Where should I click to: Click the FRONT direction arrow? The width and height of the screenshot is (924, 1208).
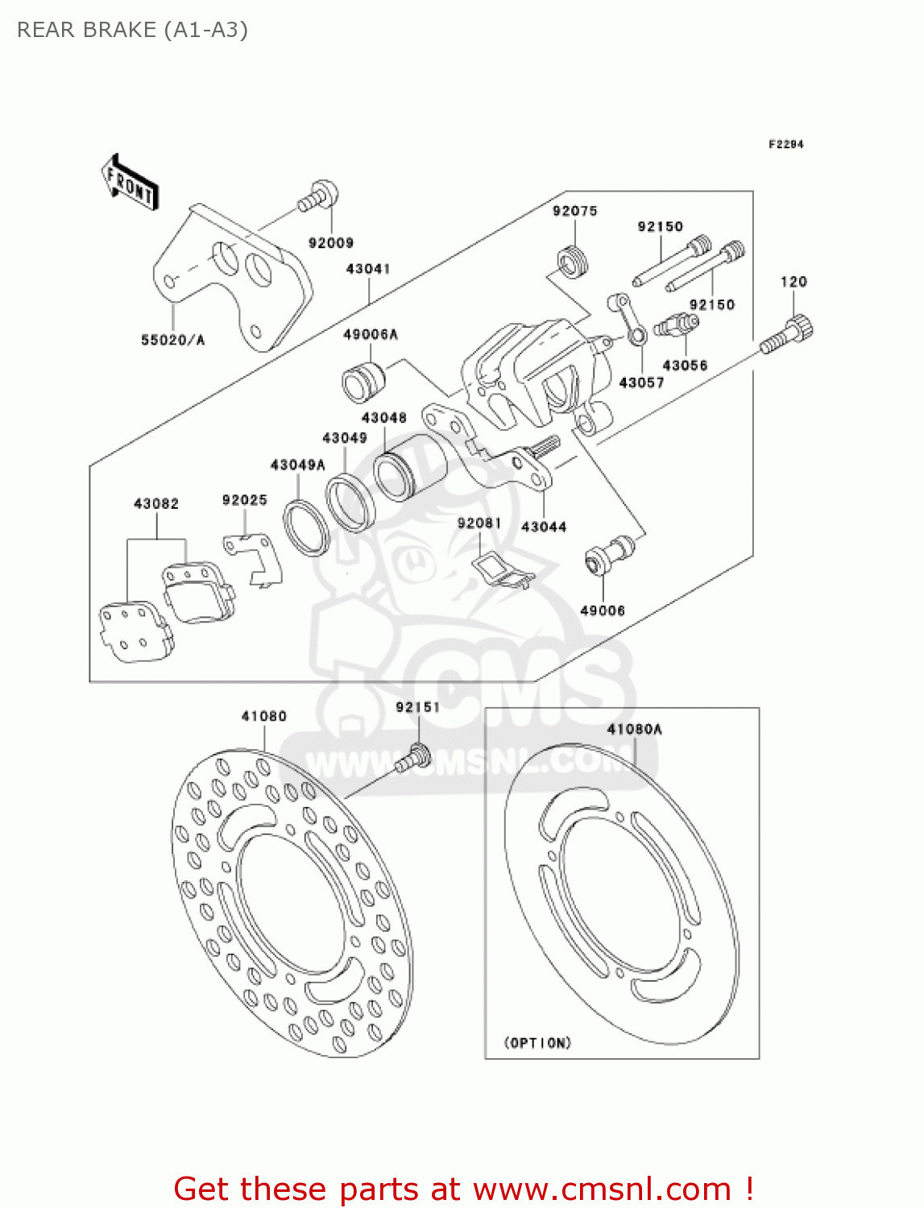[130, 183]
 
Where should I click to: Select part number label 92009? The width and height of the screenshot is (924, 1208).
[330, 242]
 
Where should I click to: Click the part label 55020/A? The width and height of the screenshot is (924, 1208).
[172, 340]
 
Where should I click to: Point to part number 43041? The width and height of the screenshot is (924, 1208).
[368, 269]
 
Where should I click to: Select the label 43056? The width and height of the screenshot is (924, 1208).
[685, 365]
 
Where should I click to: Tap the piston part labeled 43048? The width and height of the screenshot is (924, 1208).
[410, 467]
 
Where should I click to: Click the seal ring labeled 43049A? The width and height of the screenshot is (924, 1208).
[306, 528]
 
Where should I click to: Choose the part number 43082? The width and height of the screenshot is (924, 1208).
[156, 503]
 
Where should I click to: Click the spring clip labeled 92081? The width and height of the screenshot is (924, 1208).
[502, 569]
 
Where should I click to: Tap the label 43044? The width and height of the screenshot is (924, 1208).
[544, 527]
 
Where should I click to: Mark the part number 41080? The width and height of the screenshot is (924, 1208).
[263, 716]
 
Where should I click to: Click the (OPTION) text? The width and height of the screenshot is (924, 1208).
[537, 1043]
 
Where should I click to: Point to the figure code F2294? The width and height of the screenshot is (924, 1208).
[785, 144]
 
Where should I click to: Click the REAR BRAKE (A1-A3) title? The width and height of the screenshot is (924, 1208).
[132, 30]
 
